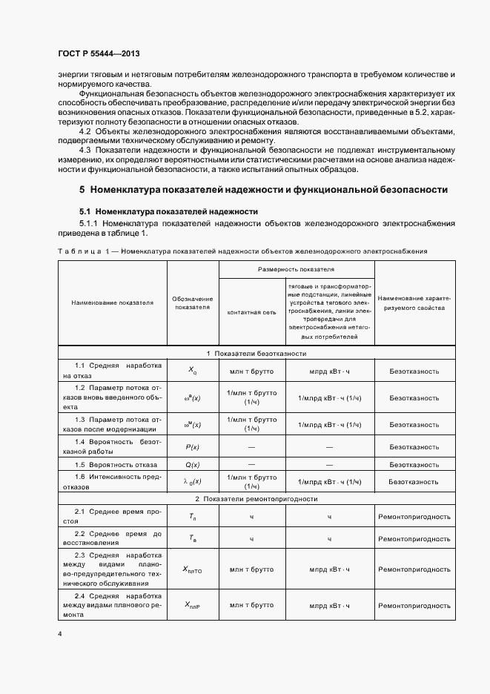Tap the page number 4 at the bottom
[59, 635]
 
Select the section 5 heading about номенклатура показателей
[263, 190]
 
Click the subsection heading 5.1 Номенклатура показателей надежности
[168, 211]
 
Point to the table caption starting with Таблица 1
[242, 251]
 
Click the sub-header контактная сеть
[251, 312]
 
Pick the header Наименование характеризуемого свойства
[414, 303]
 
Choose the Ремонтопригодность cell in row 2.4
[414, 605]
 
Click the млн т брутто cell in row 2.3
[251, 569]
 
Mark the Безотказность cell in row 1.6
[414, 482]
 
